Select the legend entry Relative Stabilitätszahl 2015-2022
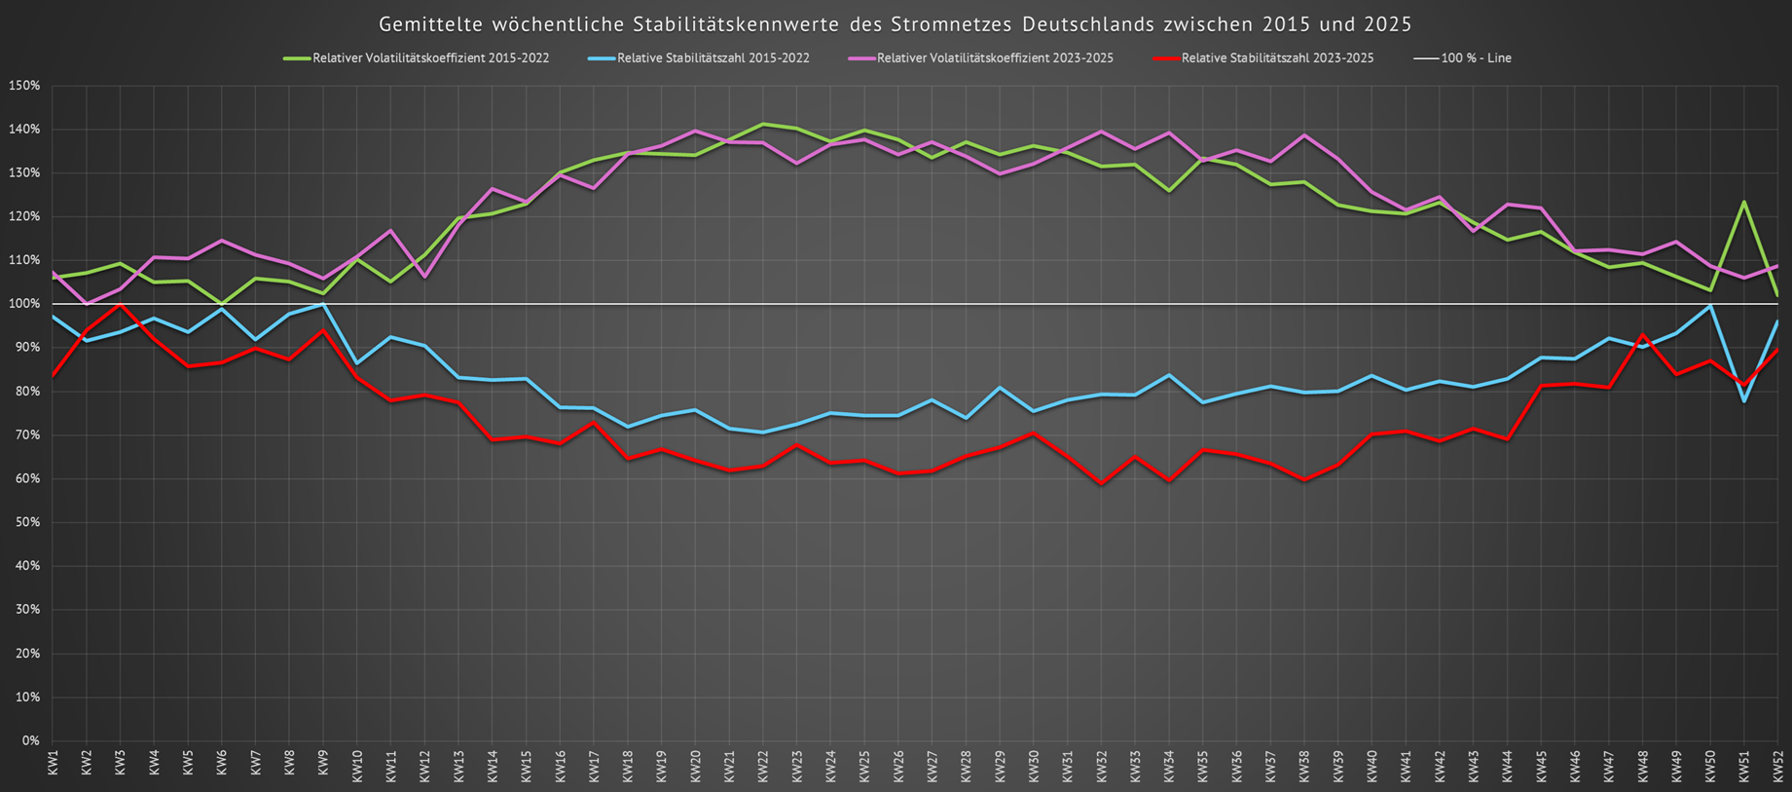[713, 58]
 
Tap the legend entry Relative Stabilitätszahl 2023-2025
[1277, 58]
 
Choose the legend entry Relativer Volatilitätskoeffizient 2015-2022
[430, 58]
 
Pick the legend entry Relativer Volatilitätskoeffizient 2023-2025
[995, 58]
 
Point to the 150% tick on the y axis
[23, 86]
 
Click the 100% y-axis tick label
[23, 304]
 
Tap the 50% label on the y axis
[26, 522]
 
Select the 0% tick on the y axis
[29, 740]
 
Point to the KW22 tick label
[763, 763]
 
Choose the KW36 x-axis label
[1237, 763]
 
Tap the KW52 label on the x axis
[1778, 763]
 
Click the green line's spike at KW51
[1743, 202]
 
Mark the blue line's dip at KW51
[1743, 401]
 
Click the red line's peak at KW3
[120, 305]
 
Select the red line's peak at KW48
[1643, 335]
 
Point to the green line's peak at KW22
[763, 124]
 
